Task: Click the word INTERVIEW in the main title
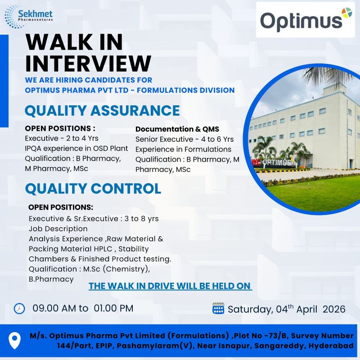point(88,63)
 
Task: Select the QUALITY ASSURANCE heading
point(102,111)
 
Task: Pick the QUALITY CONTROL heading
point(93,189)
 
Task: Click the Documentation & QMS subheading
point(177,129)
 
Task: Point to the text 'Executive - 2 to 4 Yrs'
point(62,138)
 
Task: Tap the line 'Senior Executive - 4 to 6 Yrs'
point(184,139)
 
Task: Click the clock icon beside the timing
point(19,308)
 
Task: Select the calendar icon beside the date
point(218,309)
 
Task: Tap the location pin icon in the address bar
point(15,340)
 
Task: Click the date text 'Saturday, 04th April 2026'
point(287,309)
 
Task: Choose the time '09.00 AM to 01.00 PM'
point(83,308)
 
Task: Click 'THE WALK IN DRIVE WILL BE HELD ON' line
point(170,286)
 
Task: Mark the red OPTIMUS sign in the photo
point(277,162)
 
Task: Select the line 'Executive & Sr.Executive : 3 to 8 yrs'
point(94,218)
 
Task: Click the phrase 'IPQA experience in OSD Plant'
point(76,148)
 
